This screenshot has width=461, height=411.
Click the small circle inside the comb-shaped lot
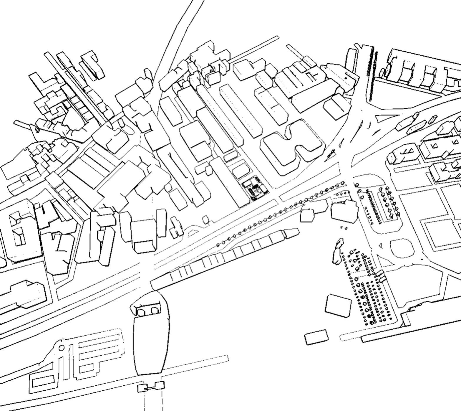tap(62, 348)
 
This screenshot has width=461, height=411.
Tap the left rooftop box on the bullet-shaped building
tap(141, 312)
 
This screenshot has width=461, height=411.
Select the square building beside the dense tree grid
tap(338, 306)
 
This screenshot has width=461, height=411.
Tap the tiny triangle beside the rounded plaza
tap(380, 245)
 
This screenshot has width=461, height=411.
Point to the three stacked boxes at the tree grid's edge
tap(381, 275)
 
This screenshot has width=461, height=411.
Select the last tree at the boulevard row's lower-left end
tap(218, 245)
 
